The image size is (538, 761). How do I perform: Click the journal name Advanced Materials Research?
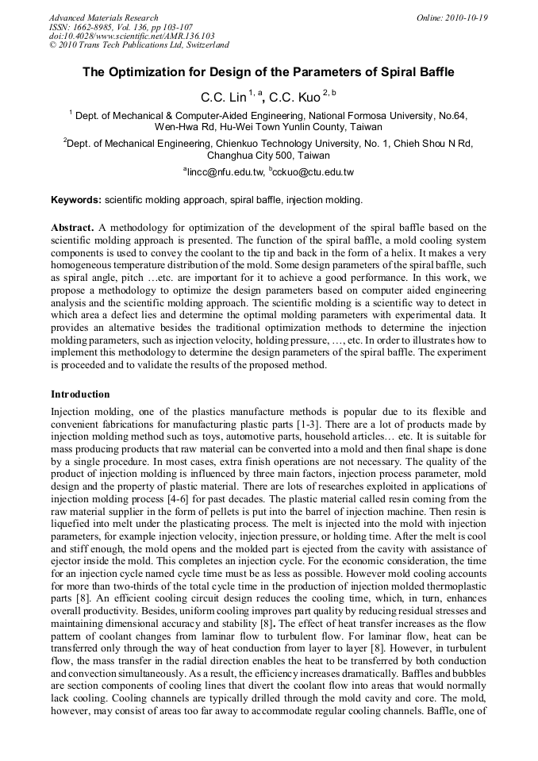(x=103, y=17)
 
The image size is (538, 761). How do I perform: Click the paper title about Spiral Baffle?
(x=268, y=72)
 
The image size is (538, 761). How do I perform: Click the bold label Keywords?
(x=76, y=200)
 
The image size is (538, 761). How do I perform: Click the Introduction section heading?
(x=80, y=394)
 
